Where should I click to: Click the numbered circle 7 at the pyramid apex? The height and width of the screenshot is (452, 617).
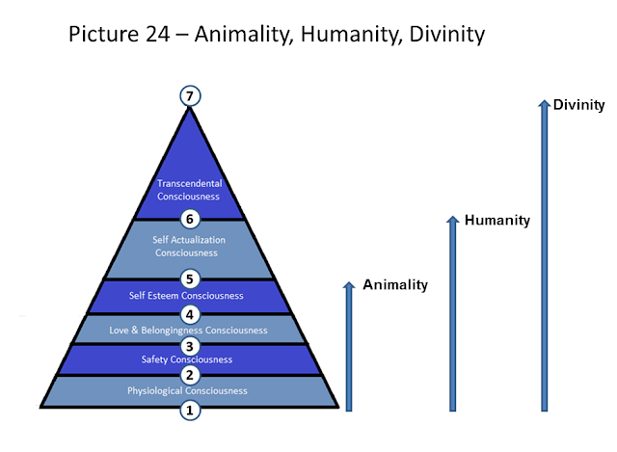[x=190, y=95]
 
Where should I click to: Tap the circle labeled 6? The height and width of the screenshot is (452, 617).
[x=190, y=218]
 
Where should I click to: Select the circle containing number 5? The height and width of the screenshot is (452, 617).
[x=190, y=280]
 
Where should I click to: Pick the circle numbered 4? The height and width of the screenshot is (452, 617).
[x=190, y=314]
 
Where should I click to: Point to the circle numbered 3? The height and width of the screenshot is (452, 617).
[x=190, y=346]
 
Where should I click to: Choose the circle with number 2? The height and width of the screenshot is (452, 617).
[x=190, y=375]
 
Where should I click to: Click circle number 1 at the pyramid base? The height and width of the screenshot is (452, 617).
[x=190, y=410]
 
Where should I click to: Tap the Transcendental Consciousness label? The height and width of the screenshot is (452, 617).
[x=189, y=190]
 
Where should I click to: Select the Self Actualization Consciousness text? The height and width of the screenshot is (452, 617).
[x=189, y=246]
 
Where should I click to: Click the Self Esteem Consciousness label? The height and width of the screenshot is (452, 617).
[x=187, y=296]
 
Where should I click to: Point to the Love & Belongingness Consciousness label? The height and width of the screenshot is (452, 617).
[x=189, y=330]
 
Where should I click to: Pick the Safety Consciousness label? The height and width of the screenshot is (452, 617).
[x=189, y=359]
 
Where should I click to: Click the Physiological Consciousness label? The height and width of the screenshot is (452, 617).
[x=189, y=390]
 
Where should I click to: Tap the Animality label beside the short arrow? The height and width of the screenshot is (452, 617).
[x=395, y=284]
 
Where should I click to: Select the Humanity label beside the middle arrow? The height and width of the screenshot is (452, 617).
[x=496, y=221]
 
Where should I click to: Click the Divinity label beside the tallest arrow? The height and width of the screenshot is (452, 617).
[x=578, y=105]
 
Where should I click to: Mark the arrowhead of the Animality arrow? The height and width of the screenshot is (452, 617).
[x=349, y=287]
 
